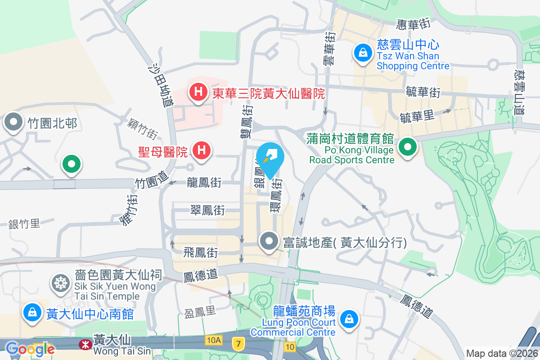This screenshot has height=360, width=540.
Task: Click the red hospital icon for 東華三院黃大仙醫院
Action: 198,93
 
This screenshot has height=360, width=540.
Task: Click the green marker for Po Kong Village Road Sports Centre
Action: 408,147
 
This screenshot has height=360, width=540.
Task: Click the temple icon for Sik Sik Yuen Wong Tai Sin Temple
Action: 60,283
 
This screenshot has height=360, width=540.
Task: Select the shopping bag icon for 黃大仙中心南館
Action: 32,312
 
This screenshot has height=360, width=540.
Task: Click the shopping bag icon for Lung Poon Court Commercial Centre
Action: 349,319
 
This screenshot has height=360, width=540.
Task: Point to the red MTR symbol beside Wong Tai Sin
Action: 84,345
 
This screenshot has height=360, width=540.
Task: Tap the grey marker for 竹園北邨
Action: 14,122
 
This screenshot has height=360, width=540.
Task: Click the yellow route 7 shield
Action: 238,344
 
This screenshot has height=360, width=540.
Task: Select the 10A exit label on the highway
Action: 213,341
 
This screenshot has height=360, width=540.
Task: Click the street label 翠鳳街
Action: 207,210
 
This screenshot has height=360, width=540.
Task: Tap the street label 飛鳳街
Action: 201,253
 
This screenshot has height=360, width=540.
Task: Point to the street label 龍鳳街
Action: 204,182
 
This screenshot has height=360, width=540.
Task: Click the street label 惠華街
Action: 414,24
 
